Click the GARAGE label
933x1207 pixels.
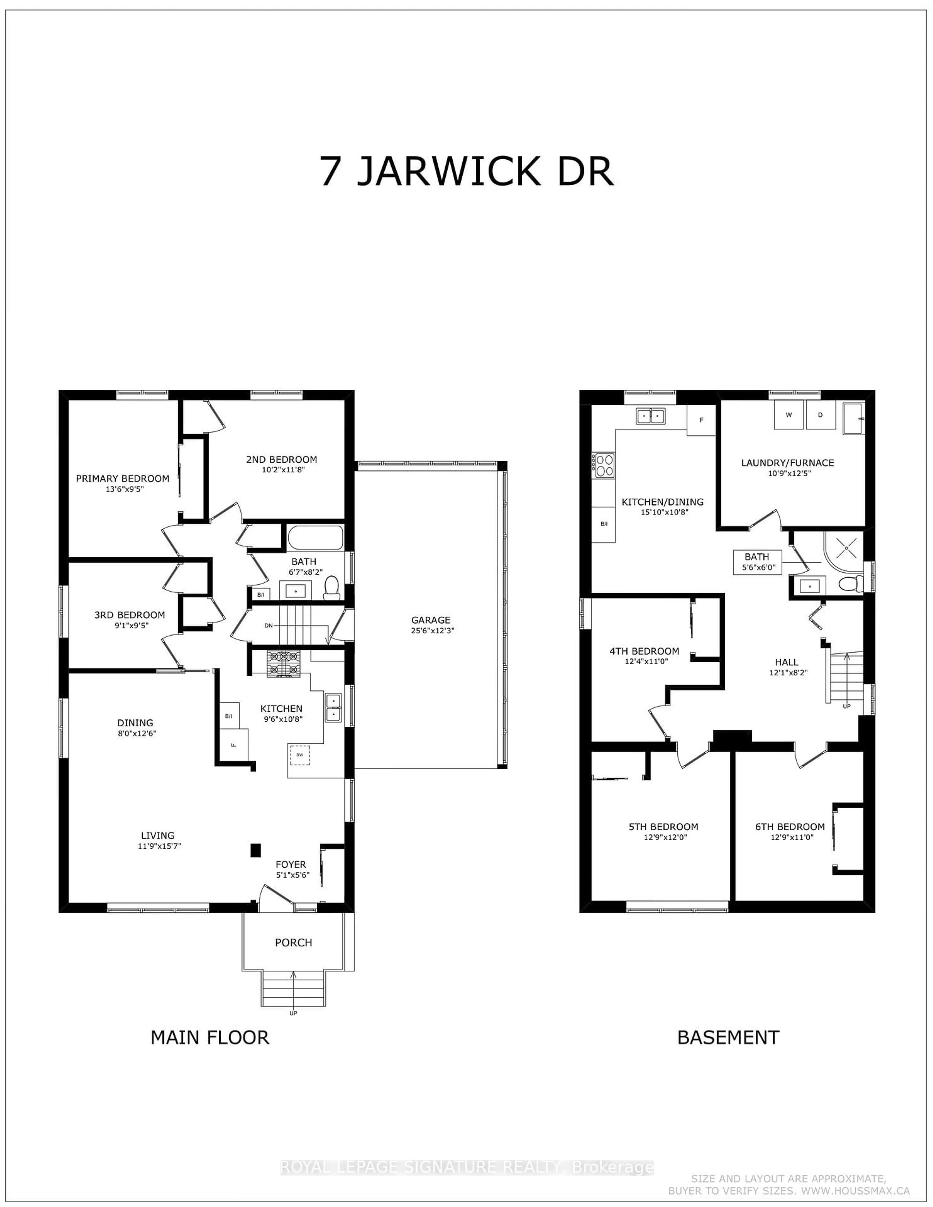click(x=431, y=620)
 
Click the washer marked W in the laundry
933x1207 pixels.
click(x=789, y=415)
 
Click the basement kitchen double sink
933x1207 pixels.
click(x=651, y=416)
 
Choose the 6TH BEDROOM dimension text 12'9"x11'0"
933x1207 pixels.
click(x=790, y=837)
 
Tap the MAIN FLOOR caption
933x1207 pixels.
click(x=210, y=1037)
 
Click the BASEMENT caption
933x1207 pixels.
click(x=728, y=1037)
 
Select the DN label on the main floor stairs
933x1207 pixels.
click(x=269, y=626)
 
